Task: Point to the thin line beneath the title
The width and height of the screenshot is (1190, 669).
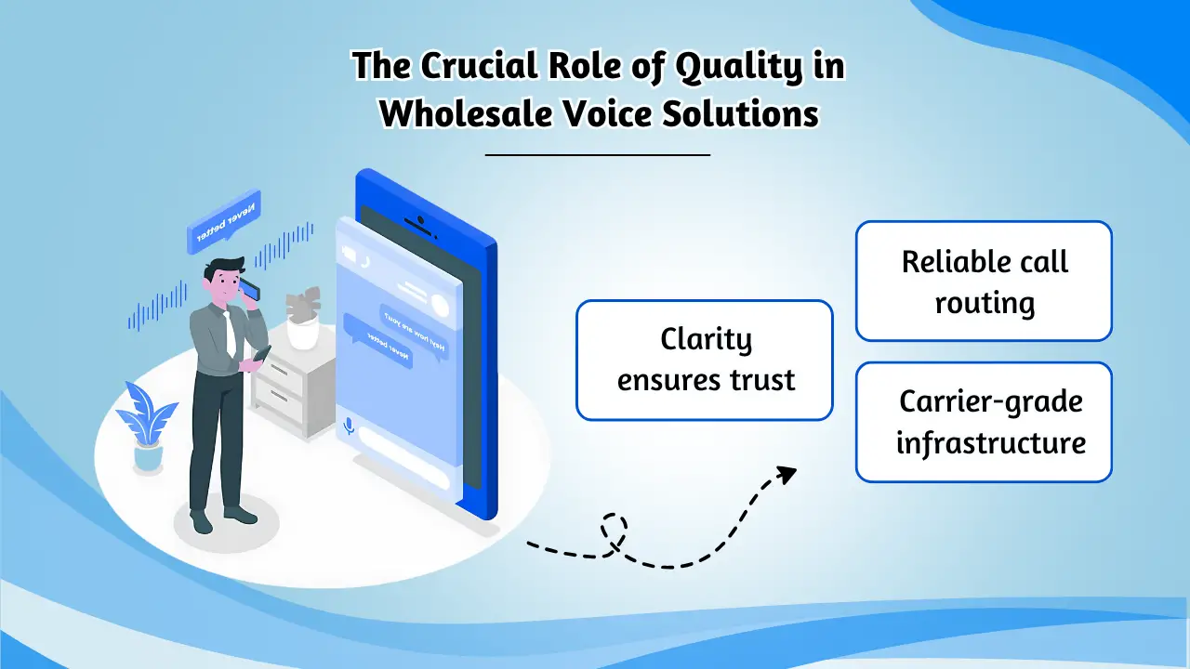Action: pyautogui.click(x=597, y=155)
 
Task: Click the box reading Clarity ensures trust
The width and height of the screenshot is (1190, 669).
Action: pyautogui.click(x=705, y=360)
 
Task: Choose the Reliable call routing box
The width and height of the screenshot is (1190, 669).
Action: pyautogui.click(x=984, y=281)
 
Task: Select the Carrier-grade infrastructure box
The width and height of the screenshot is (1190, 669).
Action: pyautogui.click(x=984, y=422)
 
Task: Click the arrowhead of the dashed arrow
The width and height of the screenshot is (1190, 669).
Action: pyautogui.click(x=787, y=474)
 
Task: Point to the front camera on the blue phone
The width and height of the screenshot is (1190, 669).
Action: pyautogui.click(x=421, y=222)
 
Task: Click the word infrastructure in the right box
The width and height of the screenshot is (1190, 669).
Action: pyautogui.click(x=991, y=442)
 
